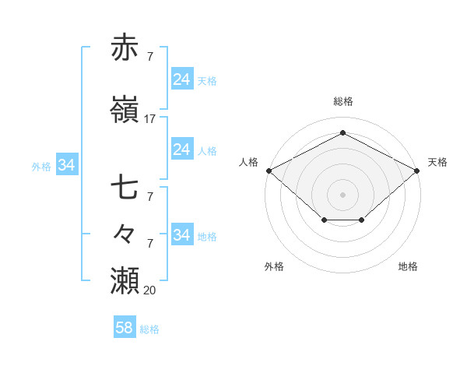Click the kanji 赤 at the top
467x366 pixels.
(125, 48)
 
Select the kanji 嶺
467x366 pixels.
(125, 110)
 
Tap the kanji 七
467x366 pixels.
(125, 188)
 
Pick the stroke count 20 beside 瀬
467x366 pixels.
(149, 290)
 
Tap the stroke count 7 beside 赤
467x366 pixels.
(149, 57)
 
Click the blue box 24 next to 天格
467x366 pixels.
(181, 79)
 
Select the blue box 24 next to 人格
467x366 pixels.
(181, 150)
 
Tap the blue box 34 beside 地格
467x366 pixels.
(181, 235)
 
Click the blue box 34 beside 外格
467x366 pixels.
(66, 165)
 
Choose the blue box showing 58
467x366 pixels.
(124, 328)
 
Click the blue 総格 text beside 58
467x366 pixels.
(149, 329)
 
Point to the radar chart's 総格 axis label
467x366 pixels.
(342, 101)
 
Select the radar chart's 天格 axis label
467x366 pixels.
(437, 162)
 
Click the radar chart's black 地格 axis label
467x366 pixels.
(408, 266)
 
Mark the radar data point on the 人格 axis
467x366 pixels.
(269, 170)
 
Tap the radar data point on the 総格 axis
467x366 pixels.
(342, 133)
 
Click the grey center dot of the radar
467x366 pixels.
(342, 194)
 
